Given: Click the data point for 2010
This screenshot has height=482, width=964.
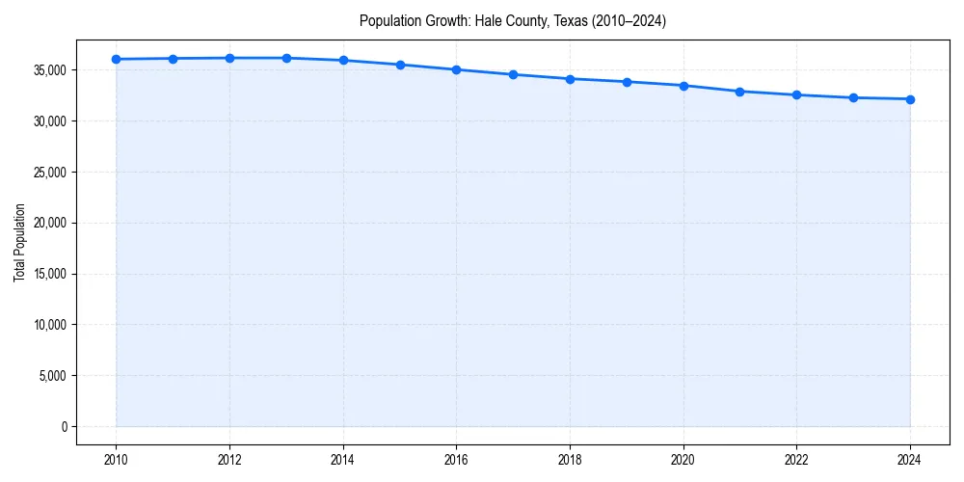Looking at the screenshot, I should tap(116, 59).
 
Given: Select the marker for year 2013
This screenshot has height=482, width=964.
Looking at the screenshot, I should tap(286, 58).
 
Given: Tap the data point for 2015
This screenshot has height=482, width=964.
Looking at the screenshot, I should tap(400, 65).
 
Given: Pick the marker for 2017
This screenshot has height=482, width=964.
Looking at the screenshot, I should tap(513, 74).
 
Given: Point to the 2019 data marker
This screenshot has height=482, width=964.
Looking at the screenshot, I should tap(627, 82).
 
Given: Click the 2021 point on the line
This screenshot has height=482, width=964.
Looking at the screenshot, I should tap(739, 92).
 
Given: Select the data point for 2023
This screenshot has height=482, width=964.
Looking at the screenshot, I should tap(853, 97).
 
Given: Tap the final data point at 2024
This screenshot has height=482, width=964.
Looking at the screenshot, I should tap(910, 99).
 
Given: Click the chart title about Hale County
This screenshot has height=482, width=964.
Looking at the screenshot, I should tap(513, 20).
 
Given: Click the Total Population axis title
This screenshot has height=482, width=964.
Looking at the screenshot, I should tap(19, 242).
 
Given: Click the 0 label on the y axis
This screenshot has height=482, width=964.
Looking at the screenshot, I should tap(65, 427).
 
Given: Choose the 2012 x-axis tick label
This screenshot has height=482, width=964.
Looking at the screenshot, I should tap(229, 459).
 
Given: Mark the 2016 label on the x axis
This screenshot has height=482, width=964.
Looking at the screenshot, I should tap(456, 459).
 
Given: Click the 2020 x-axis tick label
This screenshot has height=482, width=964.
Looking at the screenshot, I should tap(683, 459).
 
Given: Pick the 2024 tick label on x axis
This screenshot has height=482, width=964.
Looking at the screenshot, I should tap(910, 459).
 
